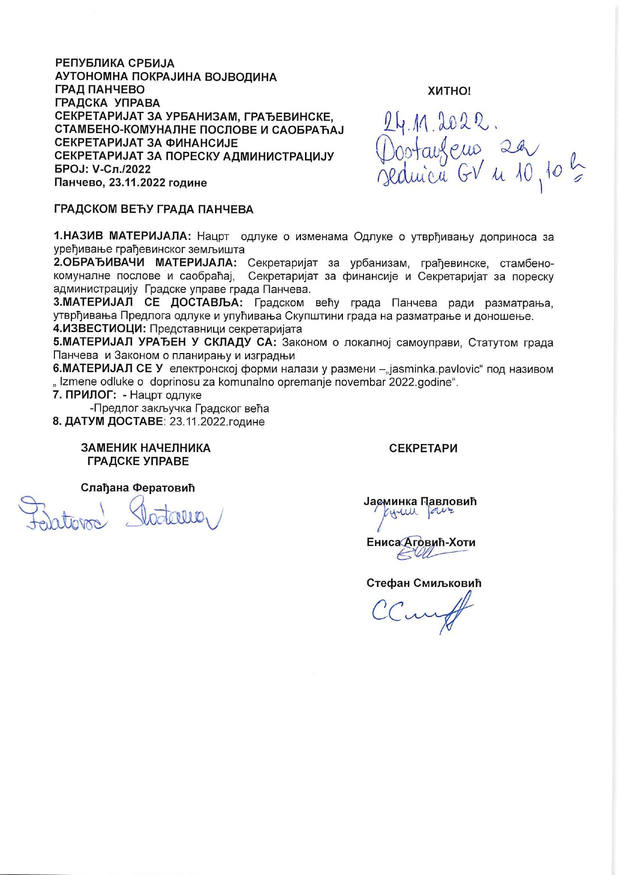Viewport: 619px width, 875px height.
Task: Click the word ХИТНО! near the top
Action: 449,91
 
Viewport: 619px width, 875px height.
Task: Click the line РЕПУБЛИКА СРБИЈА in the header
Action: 114,64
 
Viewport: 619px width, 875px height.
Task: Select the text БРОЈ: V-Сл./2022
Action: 102,170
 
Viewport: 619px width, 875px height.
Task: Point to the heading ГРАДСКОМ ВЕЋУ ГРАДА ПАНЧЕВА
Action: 154,210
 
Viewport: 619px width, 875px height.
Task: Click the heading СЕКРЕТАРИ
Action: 423,448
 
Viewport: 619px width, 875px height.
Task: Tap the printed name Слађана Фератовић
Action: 138,488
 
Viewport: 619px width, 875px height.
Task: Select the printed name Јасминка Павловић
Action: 420,501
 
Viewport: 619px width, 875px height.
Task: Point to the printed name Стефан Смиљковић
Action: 424,583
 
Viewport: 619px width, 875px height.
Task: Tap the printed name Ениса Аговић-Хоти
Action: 421,543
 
